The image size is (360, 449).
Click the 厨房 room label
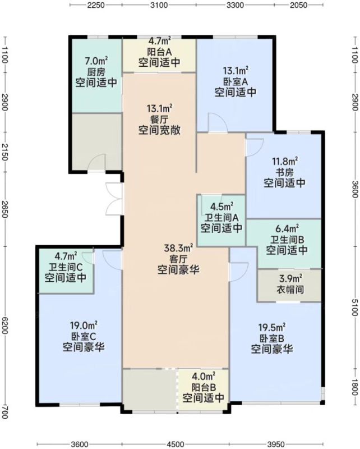coord(96,72)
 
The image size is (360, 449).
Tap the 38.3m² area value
coord(178,248)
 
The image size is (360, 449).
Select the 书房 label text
coord(284,172)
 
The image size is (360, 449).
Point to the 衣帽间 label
coord(290,290)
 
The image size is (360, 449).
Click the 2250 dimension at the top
coord(95,5)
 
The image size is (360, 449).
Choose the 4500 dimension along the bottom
coord(176,444)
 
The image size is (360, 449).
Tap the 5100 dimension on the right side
coord(354,306)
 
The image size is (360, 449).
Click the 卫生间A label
coord(221,218)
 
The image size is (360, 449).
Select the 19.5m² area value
coord(271,327)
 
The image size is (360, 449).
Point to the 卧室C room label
coord(84,336)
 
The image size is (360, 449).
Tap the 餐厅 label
coord(159,120)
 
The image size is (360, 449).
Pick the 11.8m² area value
coord(284,161)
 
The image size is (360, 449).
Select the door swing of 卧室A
coord(218,123)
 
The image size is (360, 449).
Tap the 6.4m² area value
coord(287,228)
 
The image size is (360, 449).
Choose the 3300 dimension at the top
coord(235,5)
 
